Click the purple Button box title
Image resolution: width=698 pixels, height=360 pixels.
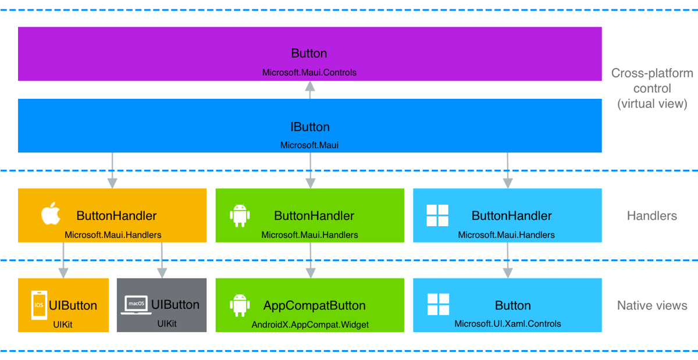309,54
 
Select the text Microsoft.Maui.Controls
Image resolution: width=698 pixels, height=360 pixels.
309,73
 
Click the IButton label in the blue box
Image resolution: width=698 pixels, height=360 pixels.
309,127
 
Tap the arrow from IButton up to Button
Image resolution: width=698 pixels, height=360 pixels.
310,90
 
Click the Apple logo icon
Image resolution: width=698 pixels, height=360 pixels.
51,215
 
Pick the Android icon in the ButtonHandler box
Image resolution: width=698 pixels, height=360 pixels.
240,215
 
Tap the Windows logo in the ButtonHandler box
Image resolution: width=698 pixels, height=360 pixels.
437,215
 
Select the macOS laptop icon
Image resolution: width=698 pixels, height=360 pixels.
136,305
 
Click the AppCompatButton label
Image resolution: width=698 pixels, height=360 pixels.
314,305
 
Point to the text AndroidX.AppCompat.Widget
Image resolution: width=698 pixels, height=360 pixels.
310,324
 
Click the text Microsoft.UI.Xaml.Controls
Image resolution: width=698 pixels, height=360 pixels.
507,324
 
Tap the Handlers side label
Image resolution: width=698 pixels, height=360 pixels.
651,216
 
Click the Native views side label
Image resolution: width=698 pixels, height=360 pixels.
652,305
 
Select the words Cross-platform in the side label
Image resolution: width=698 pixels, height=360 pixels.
652,73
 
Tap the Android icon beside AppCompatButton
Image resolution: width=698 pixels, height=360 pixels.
240,305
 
